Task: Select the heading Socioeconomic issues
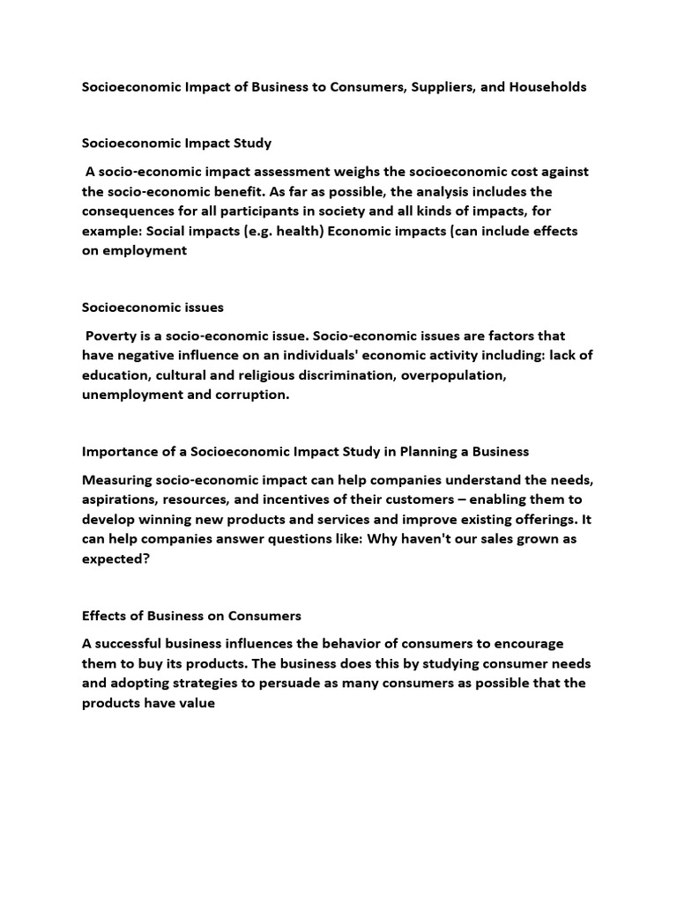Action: click(x=153, y=307)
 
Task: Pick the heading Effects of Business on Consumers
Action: click(x=191, y=615)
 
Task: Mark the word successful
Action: click(x=138, y=643)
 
